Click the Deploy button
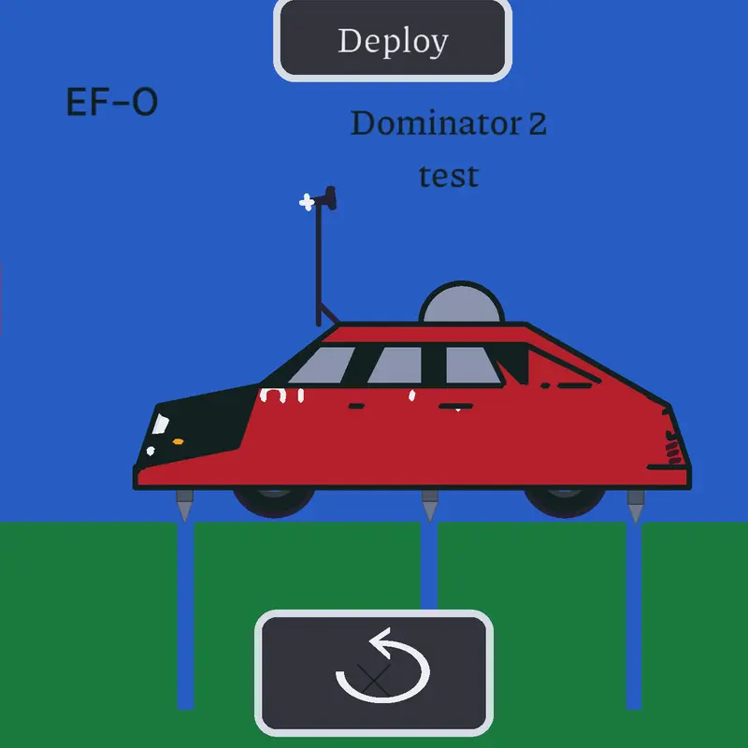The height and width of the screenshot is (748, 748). (393, 40)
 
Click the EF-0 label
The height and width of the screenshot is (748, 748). (112, 102)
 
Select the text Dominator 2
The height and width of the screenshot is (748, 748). (449, 123)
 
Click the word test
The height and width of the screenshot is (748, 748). (449, 176)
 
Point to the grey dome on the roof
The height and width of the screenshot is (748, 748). (461, 303)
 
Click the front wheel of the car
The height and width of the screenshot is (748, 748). (274, 502)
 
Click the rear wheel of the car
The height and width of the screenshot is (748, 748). (565, 502)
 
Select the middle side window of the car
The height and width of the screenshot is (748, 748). (396, 365)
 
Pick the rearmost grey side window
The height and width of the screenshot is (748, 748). (472, 365)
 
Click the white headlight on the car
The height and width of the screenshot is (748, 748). (160, 424)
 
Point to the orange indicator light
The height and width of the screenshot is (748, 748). (178, 441)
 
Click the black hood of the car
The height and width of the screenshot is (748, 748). (200, 424)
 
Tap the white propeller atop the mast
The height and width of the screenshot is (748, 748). (307, 203)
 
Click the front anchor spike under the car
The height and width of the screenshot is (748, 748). (184, 506)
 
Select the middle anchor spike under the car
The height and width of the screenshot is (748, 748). (430, 506)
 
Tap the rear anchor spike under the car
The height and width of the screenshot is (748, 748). (636, 507)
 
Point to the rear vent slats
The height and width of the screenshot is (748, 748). (672, 448)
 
